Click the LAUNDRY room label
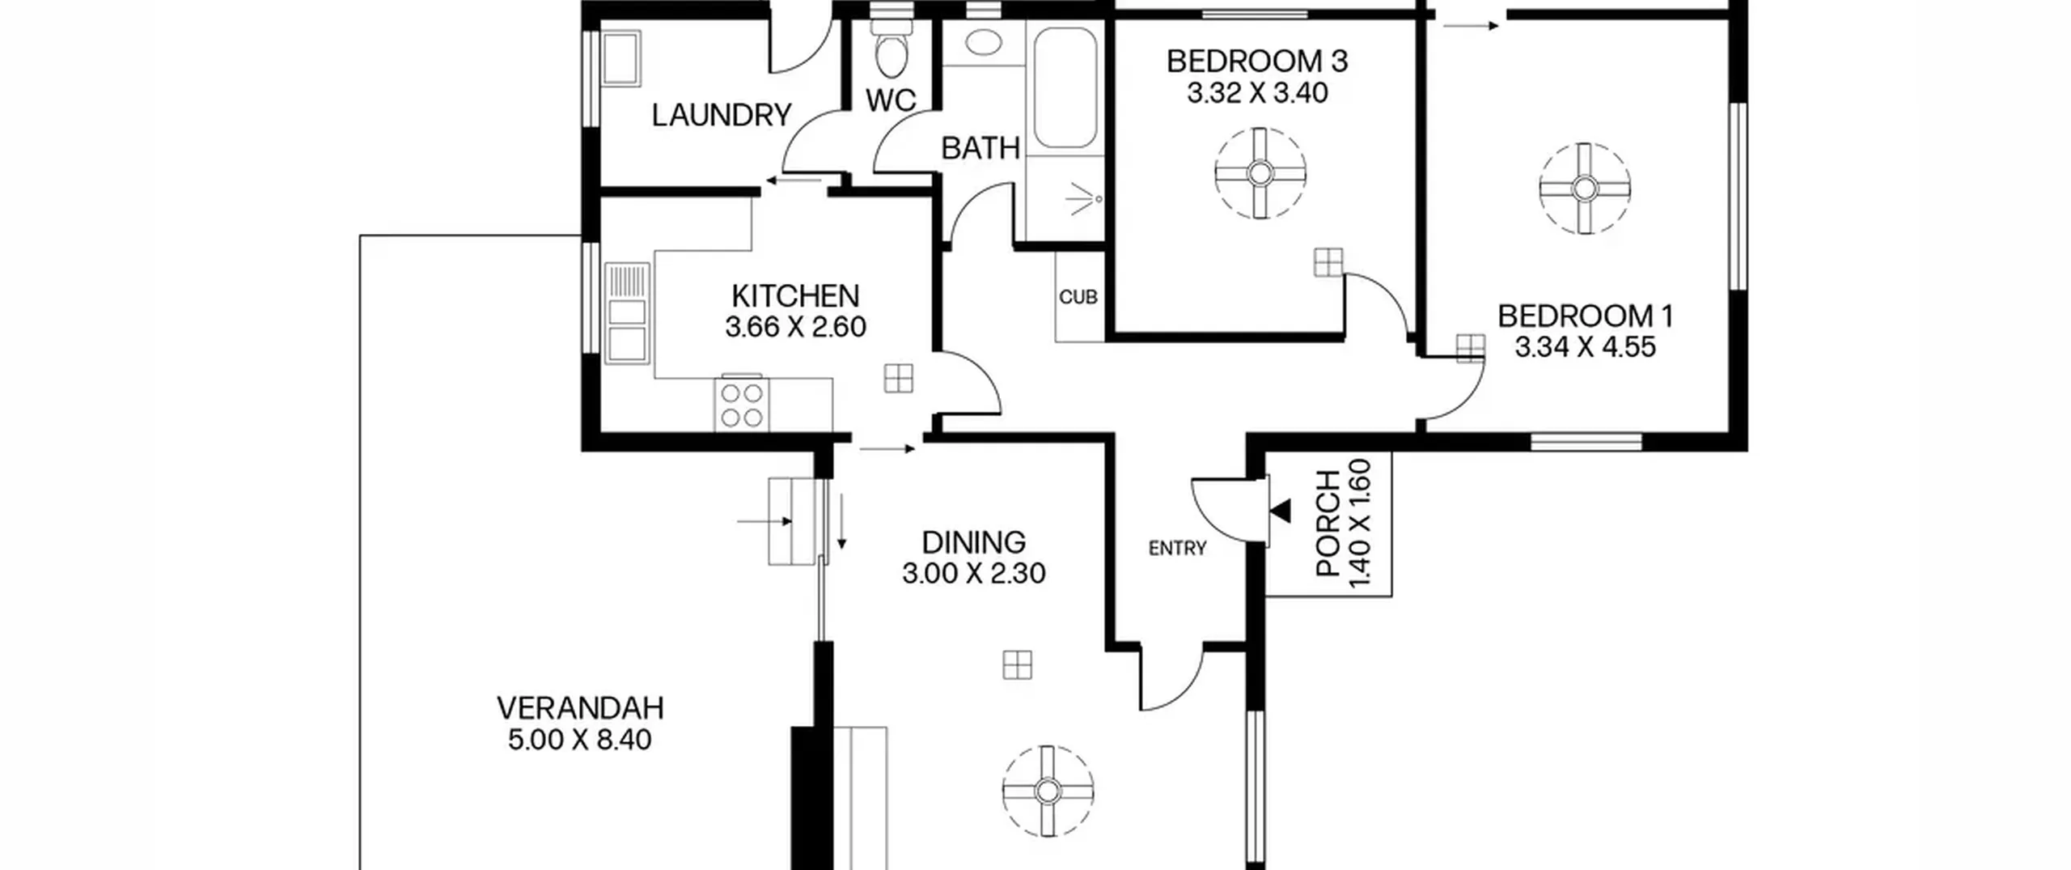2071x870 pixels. pyautogui.click(x=722, y=116)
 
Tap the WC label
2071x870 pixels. pyautogui.click(x=891, y=100)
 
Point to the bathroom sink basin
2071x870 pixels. pyautogui.click(x=984, y=42)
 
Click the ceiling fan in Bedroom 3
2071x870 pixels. pyautogui.click(x=1260, y=173)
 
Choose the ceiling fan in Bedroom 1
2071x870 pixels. pyautogui.click(x=1584, y=189)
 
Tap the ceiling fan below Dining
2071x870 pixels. pyautogui.click(x=1048, y=791)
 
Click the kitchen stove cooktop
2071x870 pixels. pyautogui.click(x=742, y=405)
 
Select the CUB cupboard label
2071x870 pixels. pyautogui.click(x=1078, y=298)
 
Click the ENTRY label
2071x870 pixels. pyautogui.click(x=1177, y=549)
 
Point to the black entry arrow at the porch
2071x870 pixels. pyautogui.click(x=1281, y=511)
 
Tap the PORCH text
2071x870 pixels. pyautogui.click(x=1328, y=524)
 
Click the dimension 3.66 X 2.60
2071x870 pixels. pyautogui.click(x=795, y=328)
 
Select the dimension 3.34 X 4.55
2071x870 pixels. pyautogui.click(x=1586, y=348)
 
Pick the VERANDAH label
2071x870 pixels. pyautogui.click(x=580, y=709)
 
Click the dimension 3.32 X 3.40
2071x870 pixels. pyautogui.click(x=1257, y=93)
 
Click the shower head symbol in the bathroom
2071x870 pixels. pyautogui.click(x=1084, y=199)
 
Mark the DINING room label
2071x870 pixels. pyautogui.click(x=974, y=542)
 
